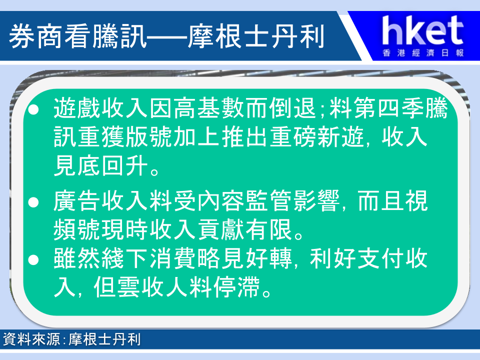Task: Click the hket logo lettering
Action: pos(422,30)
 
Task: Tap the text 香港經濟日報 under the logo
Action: pos(423,53)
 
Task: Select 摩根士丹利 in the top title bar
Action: pos(256,36)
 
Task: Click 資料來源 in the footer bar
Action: pos(31,339)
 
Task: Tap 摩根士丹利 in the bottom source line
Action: pos(104,339)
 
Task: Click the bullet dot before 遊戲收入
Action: pos(33,109)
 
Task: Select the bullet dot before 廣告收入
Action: pos(33,202)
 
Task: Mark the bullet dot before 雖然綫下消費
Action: pos(33,259)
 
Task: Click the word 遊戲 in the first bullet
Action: pos(77,108)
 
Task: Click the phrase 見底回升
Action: pos(101,165)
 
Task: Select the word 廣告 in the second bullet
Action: pos(77,201)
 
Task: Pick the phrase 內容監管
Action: pos(245,201)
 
